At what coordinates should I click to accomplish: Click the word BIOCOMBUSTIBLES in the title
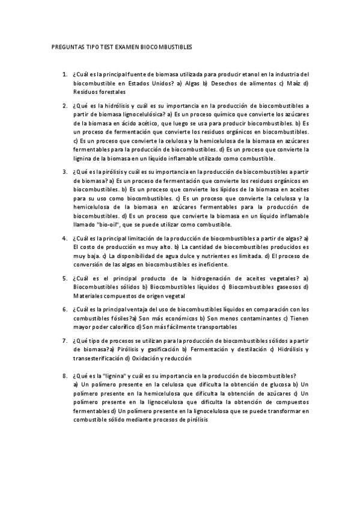[x=168, y=46]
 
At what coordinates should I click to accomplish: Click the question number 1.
[x=64, y=73]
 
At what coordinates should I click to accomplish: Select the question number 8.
[x=64, y=375]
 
